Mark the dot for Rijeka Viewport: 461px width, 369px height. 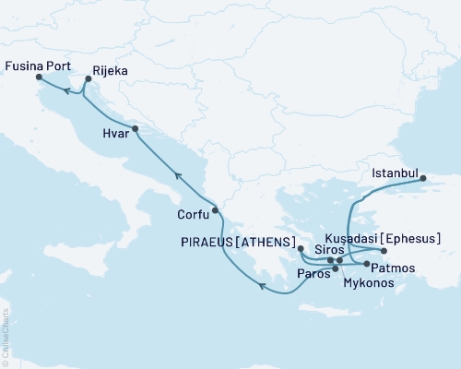click(87, 83)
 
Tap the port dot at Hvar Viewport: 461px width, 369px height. click(135, 129)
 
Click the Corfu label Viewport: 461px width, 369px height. click(192, 216)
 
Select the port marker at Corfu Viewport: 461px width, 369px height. click(215, 210)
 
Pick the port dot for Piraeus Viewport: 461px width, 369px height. click(301, 249)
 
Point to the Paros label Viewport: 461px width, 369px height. click(313, 274)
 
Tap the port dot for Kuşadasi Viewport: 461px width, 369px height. click(384, 251)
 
